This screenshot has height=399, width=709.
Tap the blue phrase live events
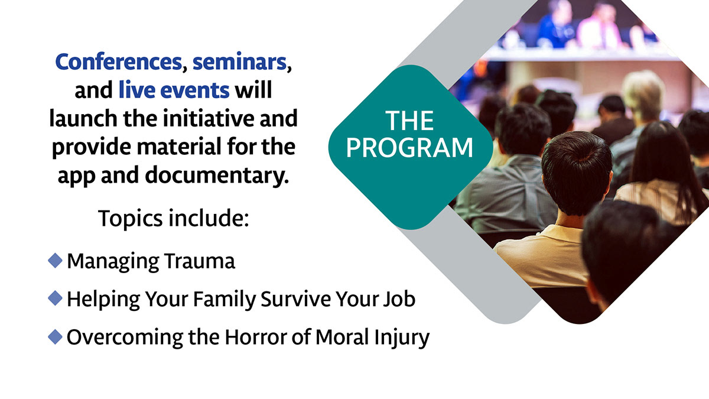[x=174, y=90]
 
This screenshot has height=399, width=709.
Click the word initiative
[x=209, y=118]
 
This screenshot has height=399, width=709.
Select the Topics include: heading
[x=174, y=219]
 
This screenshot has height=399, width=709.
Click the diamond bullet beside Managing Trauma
[x=55, y=261]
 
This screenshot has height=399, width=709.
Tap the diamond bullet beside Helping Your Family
[x=55, y=299]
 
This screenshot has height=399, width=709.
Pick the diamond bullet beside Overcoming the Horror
[x=55, y=336]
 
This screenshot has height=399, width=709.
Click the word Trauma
[x=200, y=261]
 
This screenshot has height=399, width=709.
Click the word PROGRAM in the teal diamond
[x=409, y=148]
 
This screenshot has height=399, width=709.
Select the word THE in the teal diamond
[x=409, y=121]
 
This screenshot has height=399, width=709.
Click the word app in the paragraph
[x=76, y=176]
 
